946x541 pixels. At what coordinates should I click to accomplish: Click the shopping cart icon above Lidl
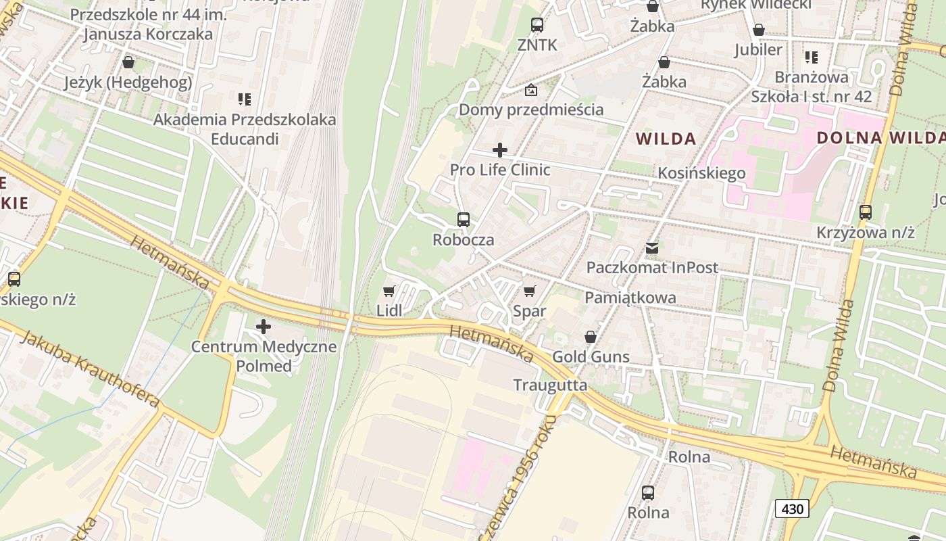[389, 291]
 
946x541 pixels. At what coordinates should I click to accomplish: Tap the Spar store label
[529, 311]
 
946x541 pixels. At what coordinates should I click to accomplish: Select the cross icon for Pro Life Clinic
[500, 149]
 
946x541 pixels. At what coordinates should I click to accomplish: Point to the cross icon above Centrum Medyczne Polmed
[264, 327]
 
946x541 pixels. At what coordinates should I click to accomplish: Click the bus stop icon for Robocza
[464, 219]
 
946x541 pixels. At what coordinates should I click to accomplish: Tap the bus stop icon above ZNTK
[537, 25]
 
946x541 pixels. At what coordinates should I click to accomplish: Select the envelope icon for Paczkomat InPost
[652, 248]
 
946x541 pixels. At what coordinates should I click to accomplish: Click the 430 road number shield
[792, 509]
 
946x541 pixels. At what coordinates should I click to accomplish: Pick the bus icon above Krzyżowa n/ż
[866, 212]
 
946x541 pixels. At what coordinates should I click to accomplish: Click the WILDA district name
[666, 139]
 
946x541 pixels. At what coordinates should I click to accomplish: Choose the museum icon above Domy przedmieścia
[531, 89]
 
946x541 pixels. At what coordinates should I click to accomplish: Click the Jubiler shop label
[758, 49]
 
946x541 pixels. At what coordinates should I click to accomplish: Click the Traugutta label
[550, 385]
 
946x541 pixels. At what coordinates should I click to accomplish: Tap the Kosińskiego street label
[701, 172]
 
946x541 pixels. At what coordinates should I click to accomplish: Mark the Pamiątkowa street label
[630, 298]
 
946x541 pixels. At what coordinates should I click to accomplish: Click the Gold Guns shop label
[591, 356]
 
